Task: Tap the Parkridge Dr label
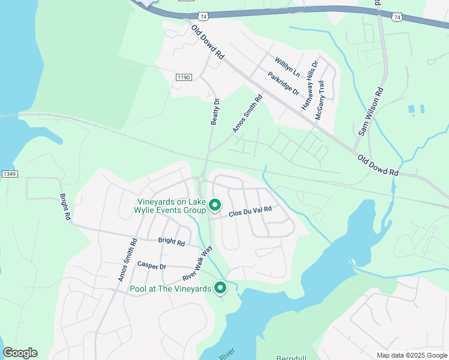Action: [x=283, y=83]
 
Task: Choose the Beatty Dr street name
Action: [x=215, y=112]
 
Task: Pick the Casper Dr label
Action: [x=151, y=265]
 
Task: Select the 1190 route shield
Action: [x=183, y=77]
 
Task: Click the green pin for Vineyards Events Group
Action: [x=215, y=206]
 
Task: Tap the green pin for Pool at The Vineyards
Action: [x=220, y=289]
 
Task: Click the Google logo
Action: [x=20, y=353]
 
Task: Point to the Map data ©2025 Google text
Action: [x=411, y=355]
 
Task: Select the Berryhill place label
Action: [x=292, y=358]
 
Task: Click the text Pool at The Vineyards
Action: [x=170, y=289]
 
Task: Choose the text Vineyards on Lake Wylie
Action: [x=172, y=202]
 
